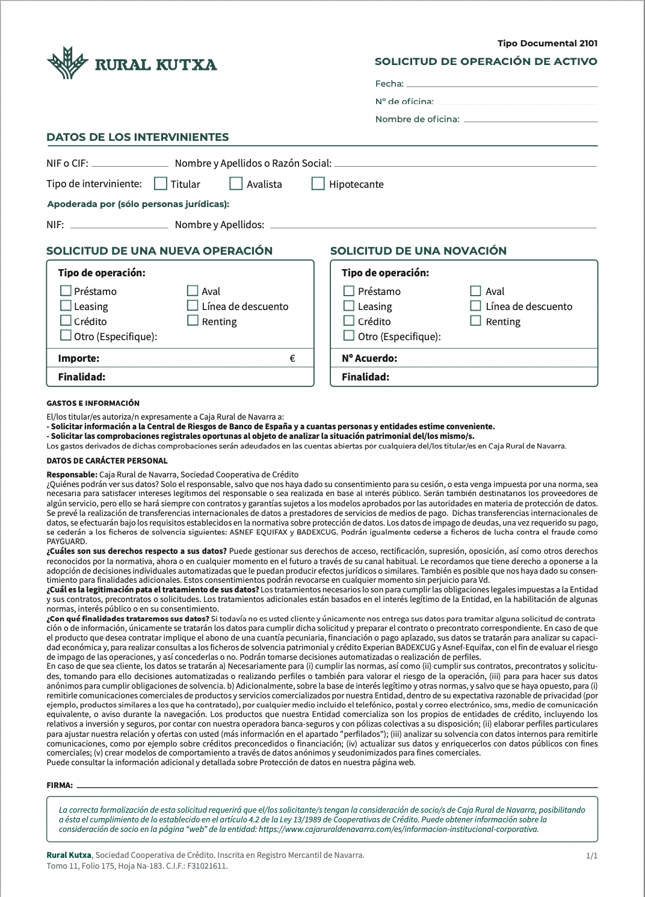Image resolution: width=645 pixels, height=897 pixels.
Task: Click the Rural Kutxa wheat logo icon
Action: (x=68, y=63)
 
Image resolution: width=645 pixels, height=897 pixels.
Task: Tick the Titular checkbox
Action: (x=161, y=183)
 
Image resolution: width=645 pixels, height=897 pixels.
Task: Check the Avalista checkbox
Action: (x=236, y=183)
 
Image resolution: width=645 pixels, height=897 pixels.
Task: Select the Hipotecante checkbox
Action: (x=318, y=183)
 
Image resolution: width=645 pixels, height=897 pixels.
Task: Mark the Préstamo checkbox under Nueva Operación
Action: (x=66, y=291)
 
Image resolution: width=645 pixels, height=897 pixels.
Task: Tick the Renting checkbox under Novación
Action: (x=475, y=321)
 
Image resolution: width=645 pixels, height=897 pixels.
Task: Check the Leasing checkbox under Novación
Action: (x=349, y=306)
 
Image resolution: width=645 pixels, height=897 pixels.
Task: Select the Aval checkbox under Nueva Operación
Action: (x=193, y=290)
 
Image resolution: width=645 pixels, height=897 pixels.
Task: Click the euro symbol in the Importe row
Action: (x=292, y=358)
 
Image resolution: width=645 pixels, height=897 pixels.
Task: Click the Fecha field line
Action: (x=502, y=85)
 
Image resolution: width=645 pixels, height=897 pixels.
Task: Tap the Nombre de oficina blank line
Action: (x=531, y=121)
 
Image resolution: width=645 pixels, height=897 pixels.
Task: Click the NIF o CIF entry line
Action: (x=130, y=165)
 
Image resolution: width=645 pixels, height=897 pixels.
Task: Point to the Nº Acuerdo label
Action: (x=369, y=358)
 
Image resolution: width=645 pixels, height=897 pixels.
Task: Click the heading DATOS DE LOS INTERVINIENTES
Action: (x=138, y=137)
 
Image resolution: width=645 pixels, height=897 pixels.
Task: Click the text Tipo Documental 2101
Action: (x=548, y=43)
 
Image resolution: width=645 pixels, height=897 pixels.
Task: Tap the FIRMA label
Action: (x=60, y=785)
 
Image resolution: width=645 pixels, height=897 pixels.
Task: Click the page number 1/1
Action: (x=591, y=855)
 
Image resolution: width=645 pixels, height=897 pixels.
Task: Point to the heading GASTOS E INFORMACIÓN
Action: (x=93, y=403)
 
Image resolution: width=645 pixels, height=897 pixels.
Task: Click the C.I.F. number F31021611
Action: (x=208, y=866)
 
